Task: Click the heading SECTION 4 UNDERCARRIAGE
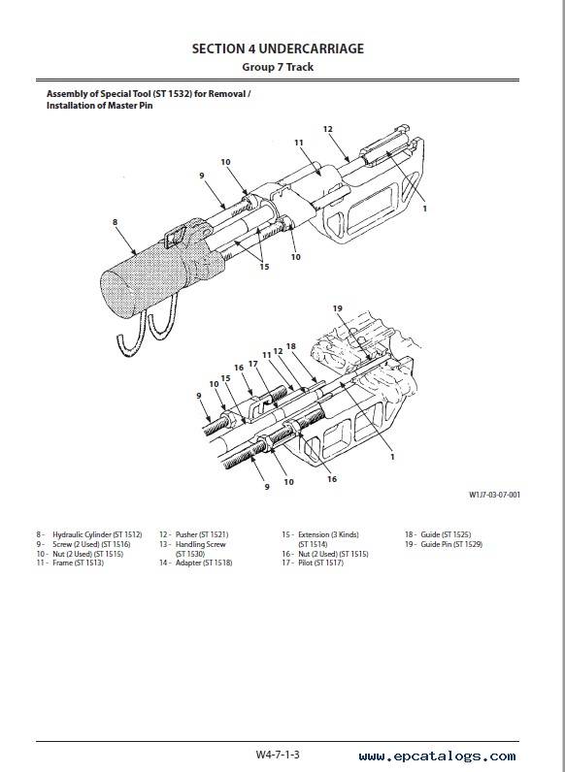point(278,48)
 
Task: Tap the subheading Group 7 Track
point(278,67)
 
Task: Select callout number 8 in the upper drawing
point(115,222)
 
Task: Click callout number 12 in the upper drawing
point(328,129)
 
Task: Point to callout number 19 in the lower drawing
point(337,308)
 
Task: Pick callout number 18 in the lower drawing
point(291,346)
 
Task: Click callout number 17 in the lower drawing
point(253,364)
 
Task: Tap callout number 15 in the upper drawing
point(264,267)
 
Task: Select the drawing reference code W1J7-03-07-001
point(494,495)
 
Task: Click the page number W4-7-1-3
point(278,755)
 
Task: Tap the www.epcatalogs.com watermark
point(437,756)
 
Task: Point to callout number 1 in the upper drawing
point(424,209)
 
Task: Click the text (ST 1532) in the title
point(172,93)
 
